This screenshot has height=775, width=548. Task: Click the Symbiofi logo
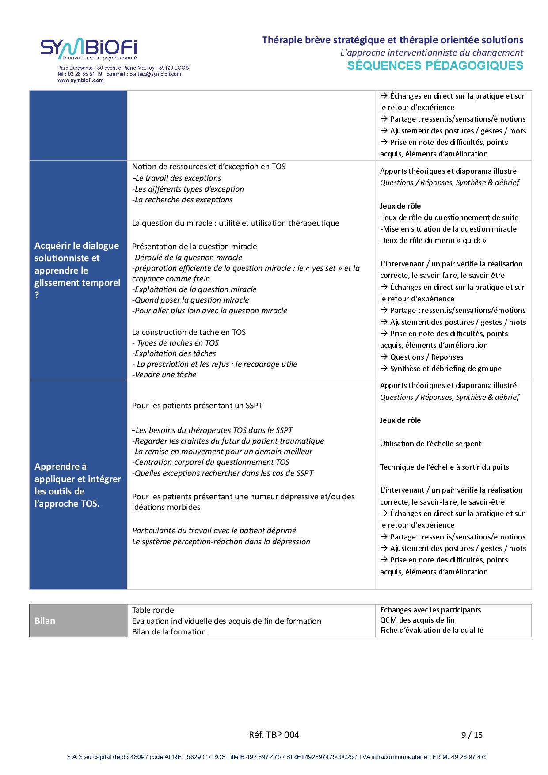[x=88, y=49]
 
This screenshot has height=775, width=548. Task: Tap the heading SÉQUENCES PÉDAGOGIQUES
[x=435, y=65]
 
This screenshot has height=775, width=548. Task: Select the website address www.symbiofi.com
[x=80, y=80]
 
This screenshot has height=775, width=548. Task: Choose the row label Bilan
[x=45, y=621]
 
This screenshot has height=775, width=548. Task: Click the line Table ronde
[x=153, y=610]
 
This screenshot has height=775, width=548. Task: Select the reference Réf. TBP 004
[x=274, y=735]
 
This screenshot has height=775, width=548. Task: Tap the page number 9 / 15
[x=472, y=735]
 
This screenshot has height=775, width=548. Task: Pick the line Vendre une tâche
[x=164, y=375]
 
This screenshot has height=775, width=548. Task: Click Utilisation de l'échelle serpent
[x=430, y=444]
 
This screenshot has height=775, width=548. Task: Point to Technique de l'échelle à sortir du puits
[x=444, y=467]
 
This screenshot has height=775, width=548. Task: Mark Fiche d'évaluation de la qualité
[x=431, y=630]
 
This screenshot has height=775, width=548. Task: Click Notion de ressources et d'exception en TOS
[x=209, y=167]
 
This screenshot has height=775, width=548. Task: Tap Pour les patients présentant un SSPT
[x=197, y=406]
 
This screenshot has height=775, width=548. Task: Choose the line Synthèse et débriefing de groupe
[x=445, y=369]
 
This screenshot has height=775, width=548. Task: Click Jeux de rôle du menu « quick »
[x=433, y=240]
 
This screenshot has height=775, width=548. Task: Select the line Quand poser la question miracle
[x=190, y=300]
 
